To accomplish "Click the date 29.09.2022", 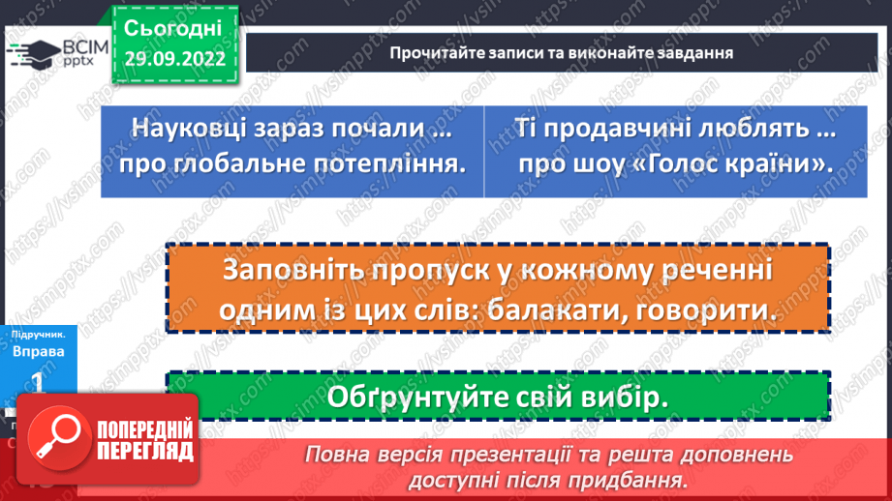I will pos(174,58).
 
